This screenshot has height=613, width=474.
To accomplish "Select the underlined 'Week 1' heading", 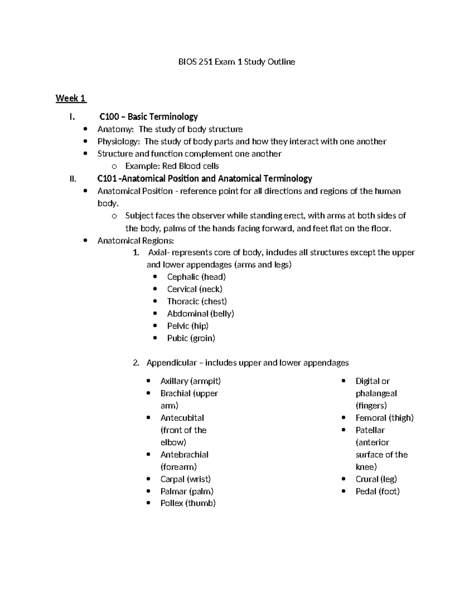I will [x=71, y=98].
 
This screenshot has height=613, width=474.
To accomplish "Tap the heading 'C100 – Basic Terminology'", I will [x=148, y=117].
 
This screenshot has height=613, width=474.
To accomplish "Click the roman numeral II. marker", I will [x=72, y=179].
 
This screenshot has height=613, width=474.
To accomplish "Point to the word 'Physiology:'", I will [x=118, y=142].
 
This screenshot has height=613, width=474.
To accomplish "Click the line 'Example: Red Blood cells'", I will [x=172, y=166].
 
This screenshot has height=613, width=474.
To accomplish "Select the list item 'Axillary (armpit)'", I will [x=190, y=381].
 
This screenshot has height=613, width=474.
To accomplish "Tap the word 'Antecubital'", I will [x=182, y=418].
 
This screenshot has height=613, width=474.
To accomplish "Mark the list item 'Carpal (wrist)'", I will [x=185, y=479].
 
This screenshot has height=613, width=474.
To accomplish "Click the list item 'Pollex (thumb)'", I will [x=188, y=503].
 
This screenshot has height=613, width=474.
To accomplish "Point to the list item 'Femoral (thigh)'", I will [x=384, y=418].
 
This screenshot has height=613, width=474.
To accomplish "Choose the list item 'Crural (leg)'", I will [x=376, y=479].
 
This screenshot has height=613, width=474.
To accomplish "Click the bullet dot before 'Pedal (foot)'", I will [x=344, y=491].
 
